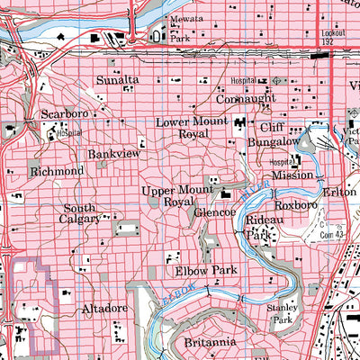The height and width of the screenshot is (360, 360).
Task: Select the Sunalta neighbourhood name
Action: (x=118, y=81)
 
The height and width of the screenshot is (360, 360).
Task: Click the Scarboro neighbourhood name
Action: (x=63, y=115)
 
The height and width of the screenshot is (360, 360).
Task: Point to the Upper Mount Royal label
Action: (x=171, y=197)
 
